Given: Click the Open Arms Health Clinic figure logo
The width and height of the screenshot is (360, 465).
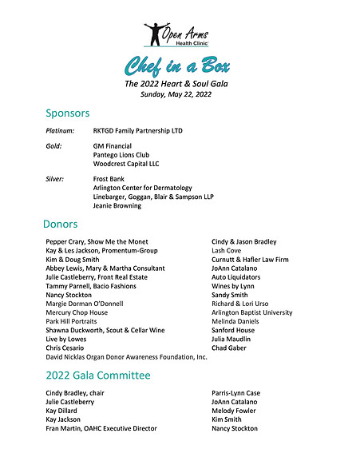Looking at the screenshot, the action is click(x=154, y=34).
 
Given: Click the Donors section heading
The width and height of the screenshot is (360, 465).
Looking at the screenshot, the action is click(x=61, y=225).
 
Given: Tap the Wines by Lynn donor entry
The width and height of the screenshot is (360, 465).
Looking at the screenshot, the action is click(x=232, y=285).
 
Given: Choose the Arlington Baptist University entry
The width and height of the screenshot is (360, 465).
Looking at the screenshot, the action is click(x=251, y=312).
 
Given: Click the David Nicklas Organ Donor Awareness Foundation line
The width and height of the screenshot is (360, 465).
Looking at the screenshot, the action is click(x=126, y=357).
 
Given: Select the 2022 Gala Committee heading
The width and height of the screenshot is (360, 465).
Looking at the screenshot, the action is click(x=97, y=375).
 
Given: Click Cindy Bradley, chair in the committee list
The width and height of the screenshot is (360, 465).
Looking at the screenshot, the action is click(x=75, y=393).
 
